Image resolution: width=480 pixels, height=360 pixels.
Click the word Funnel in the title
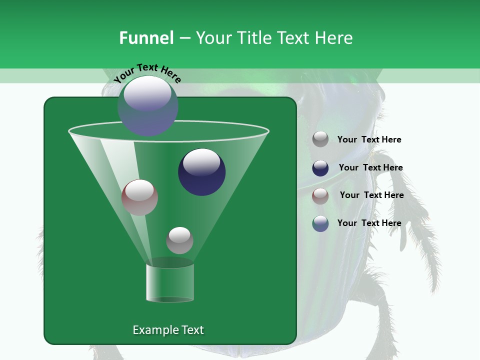point(146,38)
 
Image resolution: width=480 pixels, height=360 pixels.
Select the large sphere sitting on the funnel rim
point(148,106)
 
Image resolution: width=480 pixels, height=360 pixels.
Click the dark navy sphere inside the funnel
point(201,172)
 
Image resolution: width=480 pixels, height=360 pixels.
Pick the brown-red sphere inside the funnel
point(139,197)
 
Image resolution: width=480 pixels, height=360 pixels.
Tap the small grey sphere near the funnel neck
point(179,240)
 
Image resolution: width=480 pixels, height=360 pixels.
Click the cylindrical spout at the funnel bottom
point(170,282)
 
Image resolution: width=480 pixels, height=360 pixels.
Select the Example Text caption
point(168,330)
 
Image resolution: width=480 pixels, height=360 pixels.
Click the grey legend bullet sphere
point(320,139)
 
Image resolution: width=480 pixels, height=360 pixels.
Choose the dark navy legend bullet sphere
point(320,168)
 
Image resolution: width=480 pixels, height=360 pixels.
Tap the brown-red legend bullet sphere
point(320,196)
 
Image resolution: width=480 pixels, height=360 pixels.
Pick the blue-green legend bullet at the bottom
point(320,223)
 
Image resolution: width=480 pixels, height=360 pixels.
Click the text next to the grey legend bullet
point(369,139)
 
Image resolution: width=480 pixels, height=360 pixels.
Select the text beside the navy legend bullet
point(370,167)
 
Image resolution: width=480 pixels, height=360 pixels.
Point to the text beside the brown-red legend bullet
point(371,195)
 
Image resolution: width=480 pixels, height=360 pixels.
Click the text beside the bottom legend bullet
point(369,223)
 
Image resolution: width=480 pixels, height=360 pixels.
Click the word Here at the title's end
point(334,38)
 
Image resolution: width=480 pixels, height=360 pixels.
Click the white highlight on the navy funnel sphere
point(201,162)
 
